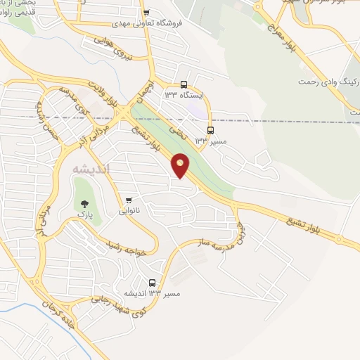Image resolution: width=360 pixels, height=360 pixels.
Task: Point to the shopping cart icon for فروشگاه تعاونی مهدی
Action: (x=146, y=13)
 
